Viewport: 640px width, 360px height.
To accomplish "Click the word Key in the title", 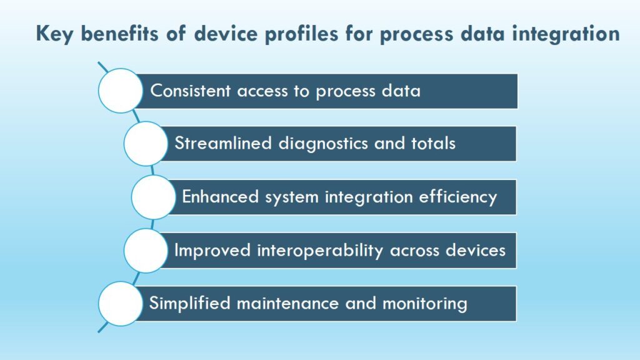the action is pos(55,34).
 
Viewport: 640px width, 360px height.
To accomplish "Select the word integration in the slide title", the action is pos(566,34).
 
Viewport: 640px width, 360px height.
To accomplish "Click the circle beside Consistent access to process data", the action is pos(121,91).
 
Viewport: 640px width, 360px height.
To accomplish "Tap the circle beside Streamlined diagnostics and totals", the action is pos(146,144).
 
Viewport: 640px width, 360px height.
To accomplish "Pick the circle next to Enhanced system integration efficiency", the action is pos(154,197).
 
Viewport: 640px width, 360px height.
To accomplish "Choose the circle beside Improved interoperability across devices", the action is pos(146,251).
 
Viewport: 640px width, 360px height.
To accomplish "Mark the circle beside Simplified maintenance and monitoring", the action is pos(121,304).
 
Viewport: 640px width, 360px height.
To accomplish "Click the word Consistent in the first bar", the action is pos(191,91).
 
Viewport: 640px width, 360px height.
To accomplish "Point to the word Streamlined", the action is pos(223,144).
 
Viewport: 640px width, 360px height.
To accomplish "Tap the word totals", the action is pos(433,144).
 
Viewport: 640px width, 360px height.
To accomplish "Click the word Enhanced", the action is pos(221,197).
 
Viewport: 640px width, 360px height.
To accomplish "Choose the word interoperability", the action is pos(320,251).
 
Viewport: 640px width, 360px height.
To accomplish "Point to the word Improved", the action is pos(212,251).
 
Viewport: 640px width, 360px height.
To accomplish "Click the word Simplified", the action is pos(190,304).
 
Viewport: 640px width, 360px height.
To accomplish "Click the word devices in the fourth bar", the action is pos(476,250).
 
